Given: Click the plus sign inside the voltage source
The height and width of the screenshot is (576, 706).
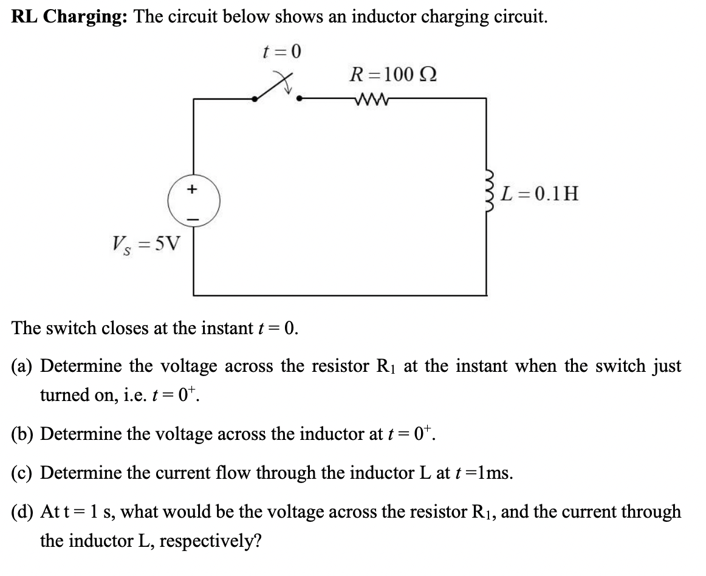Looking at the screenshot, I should (x=193, y=190).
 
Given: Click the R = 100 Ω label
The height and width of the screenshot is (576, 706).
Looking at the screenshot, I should (x=392, y=75).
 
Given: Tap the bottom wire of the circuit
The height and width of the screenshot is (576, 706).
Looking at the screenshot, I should (x=340, y=295).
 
